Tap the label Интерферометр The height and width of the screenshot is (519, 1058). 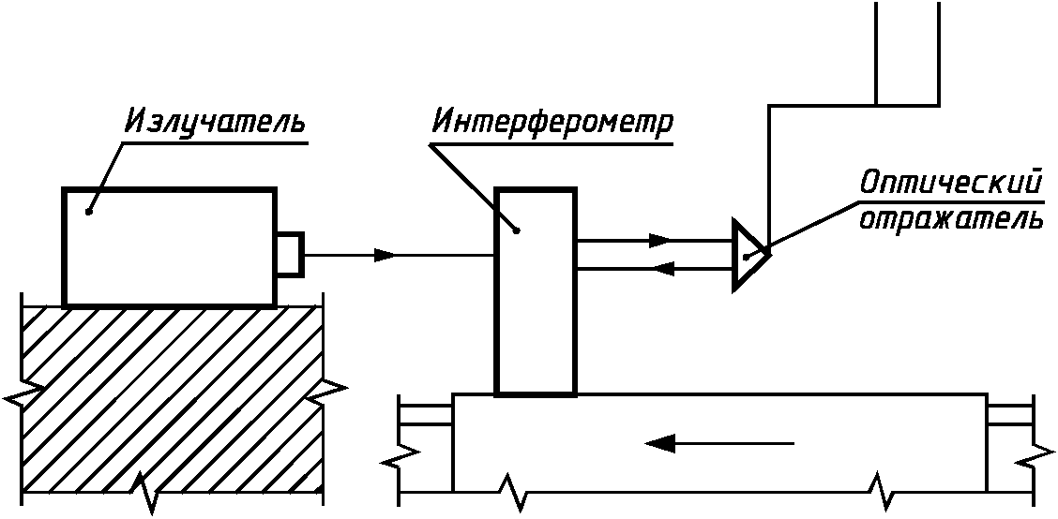552,124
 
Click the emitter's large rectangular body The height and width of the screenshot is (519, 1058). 169,246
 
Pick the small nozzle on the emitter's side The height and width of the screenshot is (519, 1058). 289,254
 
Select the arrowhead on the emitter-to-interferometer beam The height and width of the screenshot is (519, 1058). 385,255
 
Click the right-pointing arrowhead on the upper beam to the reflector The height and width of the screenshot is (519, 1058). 660,240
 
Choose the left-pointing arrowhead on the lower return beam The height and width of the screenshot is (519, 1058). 663,269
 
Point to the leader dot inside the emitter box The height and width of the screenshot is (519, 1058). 89,212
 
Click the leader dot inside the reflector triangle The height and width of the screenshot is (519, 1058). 745,256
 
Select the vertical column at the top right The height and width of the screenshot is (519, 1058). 906,52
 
